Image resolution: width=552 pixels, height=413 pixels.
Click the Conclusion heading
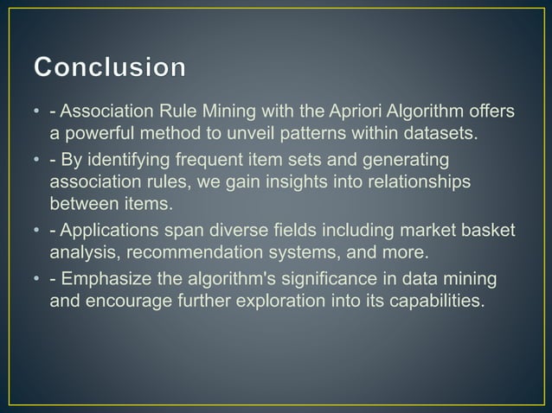[x=110, y=68]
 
